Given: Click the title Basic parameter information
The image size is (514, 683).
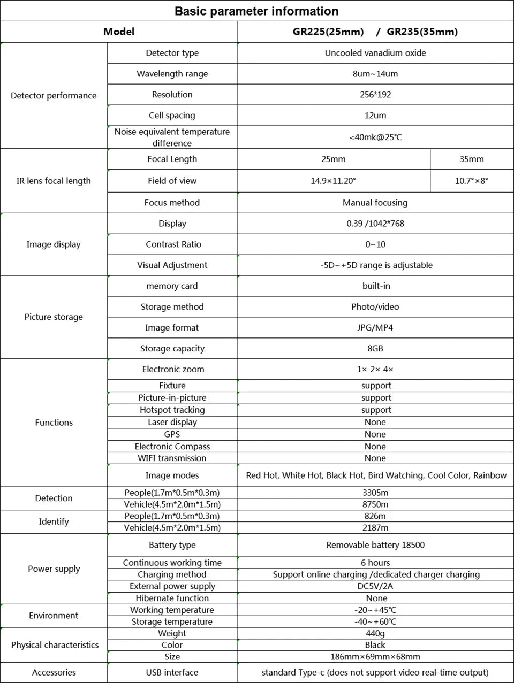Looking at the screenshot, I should pyautogui.click(x=256, y=11).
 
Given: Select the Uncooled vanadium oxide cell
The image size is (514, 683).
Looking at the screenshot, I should pyautogui.click(x=375, y=53).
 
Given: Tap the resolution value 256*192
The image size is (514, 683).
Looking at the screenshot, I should pyautogui.click(x=375, y=95).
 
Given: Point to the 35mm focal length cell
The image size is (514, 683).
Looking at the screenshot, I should pyautogui.click(x=471, y=159).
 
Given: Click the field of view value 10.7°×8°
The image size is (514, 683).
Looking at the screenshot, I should pyautogui.click(x=471, y=181).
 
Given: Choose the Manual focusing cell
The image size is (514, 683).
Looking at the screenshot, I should pyautogui.click(x=375, y=203).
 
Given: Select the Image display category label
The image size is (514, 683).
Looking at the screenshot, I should pyautogui.click(x=54, y=244).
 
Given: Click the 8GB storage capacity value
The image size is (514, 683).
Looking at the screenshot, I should pyautogui.click(x=375, y=348).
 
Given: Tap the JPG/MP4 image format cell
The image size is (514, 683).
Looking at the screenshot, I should pyautogui.click(x=375, y=327).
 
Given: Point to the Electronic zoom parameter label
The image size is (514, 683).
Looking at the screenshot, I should pyautogui.click(x=172, y=369).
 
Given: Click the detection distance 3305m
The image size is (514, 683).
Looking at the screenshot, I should pyautogui.click(x=375, y=493).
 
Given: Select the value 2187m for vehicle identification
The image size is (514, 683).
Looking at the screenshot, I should pyautogui.click(x=375, y=527).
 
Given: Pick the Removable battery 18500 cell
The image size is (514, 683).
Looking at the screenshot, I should pyautogui.click(x=375, y=545).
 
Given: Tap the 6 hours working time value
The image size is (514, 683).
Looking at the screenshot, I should pyautogui.click(x=375, y=563).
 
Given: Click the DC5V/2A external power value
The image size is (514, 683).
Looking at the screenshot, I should pyautogui.click(x=375, y=586).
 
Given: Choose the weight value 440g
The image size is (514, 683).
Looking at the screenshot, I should pyautogui.click(x=375, y=633).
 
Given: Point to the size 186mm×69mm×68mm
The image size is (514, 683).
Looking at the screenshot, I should pyautogui.click(x=375, y=657).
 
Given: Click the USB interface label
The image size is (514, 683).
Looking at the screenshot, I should pyautogui.click(x=172, y=672).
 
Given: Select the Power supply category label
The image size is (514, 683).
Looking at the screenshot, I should pyautogui.click(x=54, y=569).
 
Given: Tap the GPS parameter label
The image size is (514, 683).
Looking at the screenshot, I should pyautogui.click(x=172, y=434).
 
